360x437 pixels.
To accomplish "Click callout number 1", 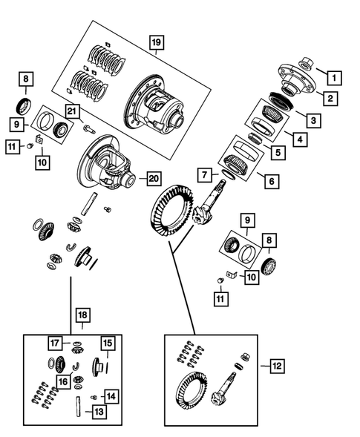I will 335,76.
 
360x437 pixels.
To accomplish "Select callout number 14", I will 111,396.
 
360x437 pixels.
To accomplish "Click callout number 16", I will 64,382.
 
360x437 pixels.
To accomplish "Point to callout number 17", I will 55,343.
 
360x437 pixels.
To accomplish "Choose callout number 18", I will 82,315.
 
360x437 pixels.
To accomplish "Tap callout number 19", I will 155,42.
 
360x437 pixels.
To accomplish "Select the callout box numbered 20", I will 153,178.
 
